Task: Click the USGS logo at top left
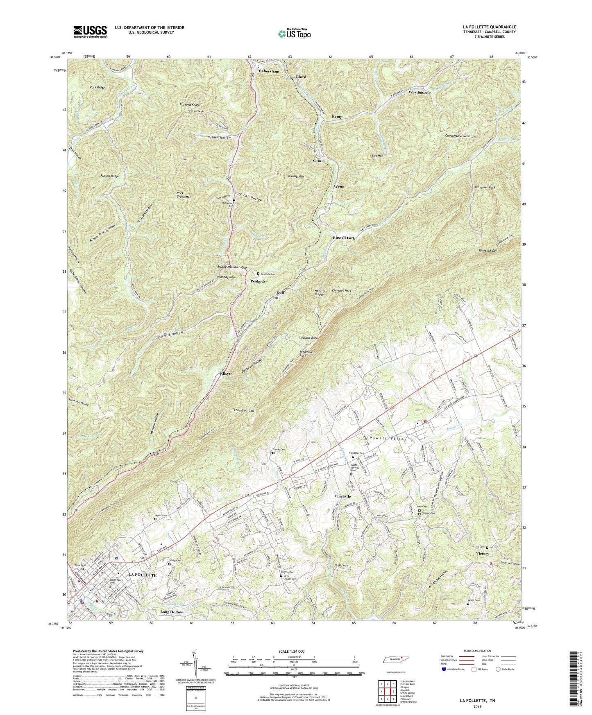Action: point(90,31)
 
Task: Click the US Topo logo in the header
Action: point(294,34)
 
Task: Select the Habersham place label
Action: point(269,71)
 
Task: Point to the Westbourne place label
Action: point(420,93)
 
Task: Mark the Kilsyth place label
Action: point(226,374)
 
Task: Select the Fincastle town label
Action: point(342,496)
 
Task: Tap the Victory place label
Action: point(482,553)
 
